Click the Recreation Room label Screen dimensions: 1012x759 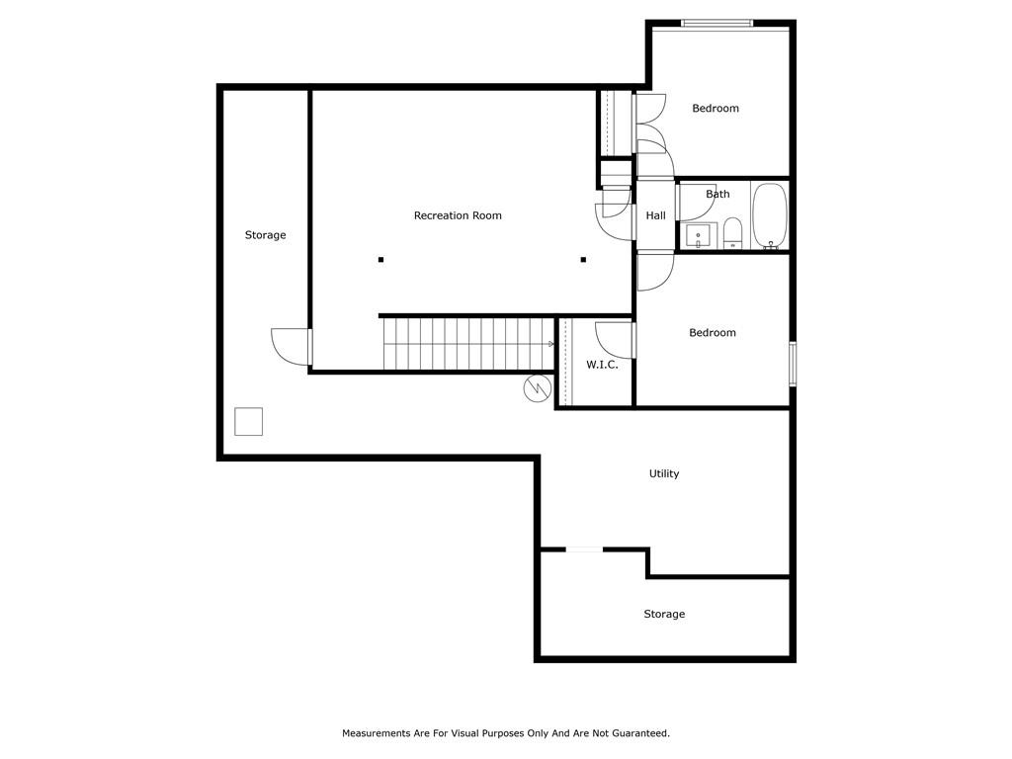click(458, 215)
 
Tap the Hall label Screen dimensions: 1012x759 click(656, 215)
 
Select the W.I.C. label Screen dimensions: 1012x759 click(602, 365)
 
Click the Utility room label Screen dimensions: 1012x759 click(664, 473)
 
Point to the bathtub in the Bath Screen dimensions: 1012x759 click(770, 215)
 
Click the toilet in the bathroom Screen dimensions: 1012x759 click(732, 233)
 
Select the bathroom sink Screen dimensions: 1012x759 click(698, 235)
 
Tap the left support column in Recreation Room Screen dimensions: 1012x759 click(380, 260)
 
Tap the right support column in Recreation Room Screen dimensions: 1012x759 click(583, 260)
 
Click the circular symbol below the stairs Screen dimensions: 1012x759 click(538, 387)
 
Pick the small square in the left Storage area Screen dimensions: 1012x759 click(248, 421)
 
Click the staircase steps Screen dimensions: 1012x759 click(467, 343)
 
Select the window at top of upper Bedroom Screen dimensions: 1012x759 click(717, 24)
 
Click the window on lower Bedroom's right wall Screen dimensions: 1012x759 click(793, 364)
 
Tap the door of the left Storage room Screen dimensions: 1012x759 click(292, 347)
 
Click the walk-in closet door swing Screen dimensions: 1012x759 click(615, 340)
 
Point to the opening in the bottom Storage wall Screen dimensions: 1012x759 click(584, 549)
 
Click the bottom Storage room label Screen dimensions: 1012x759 click(664, 614)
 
